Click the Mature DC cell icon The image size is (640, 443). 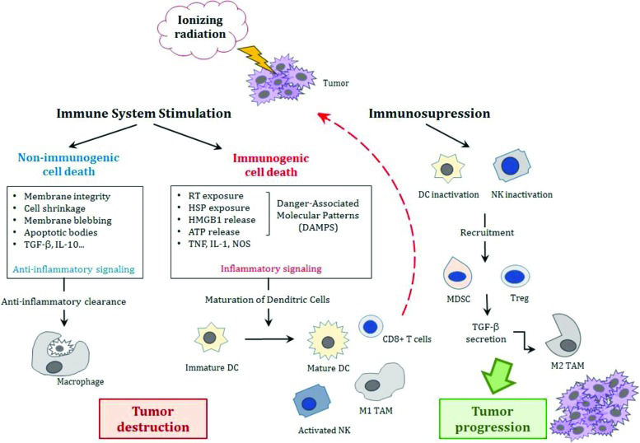[x=325, y=337]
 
